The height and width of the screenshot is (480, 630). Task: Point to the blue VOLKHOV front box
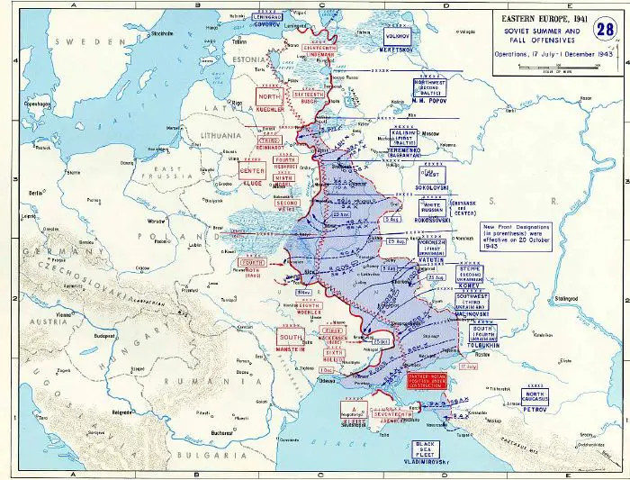pos(398,34)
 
